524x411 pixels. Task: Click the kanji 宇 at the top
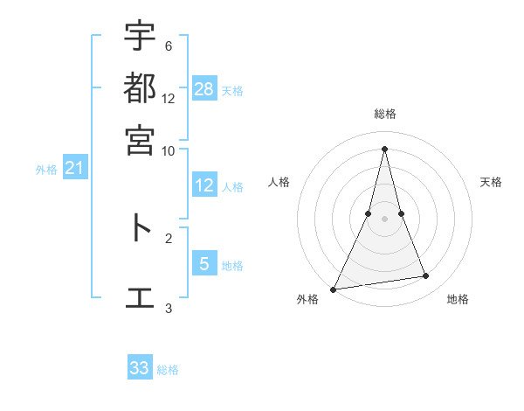coord(140,37)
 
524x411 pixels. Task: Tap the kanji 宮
coord(140,140)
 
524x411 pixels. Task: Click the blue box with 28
coord(204,88)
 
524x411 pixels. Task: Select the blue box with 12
coord(204,185)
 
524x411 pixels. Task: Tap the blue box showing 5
coord(204,263)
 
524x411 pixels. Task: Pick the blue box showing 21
coord(74,168)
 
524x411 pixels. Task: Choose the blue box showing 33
coord(140,368)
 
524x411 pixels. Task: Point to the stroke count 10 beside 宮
coord(169,150)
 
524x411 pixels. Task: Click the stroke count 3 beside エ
coord(168,308)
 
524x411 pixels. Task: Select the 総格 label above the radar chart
coord(384,114)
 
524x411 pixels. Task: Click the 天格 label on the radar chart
coord(491,182)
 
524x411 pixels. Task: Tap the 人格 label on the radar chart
coord(279,182)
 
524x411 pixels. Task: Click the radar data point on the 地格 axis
coord(426,276)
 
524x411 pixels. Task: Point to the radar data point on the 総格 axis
coord(384,148)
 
